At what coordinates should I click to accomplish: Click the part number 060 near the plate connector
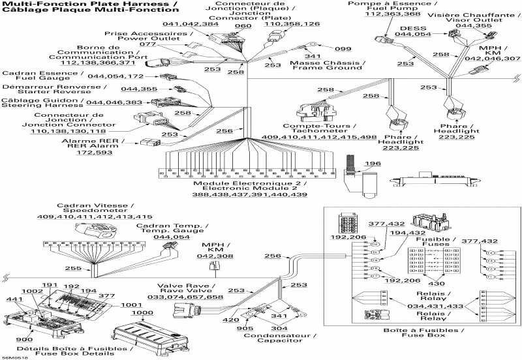click(242, 25)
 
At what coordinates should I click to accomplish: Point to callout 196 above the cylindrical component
click(373, 163)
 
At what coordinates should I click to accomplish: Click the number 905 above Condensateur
click(243, 329)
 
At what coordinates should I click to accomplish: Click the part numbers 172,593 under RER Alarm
click(95, 153)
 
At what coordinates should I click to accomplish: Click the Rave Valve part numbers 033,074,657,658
click(185, 297)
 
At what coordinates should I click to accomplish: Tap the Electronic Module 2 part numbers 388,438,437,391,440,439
click(250, 195)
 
